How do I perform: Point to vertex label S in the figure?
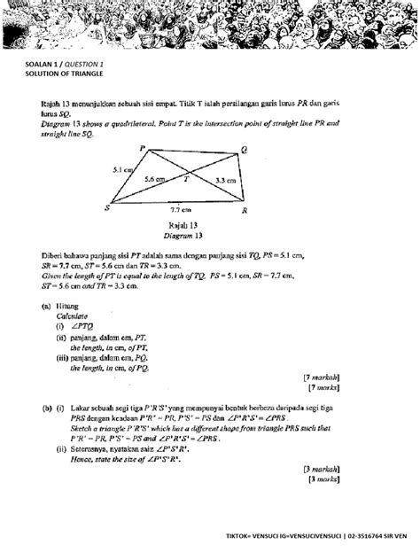coord(107,207)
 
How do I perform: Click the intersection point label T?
coord(186,178)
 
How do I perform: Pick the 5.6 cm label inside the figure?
coord(154,179)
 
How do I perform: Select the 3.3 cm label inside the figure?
coord(225,180)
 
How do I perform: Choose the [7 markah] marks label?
coord(322,377)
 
